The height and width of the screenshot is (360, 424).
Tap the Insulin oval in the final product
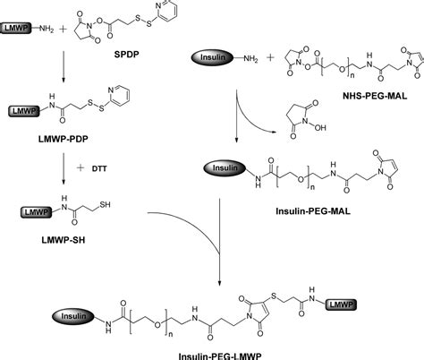click(72, 316)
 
